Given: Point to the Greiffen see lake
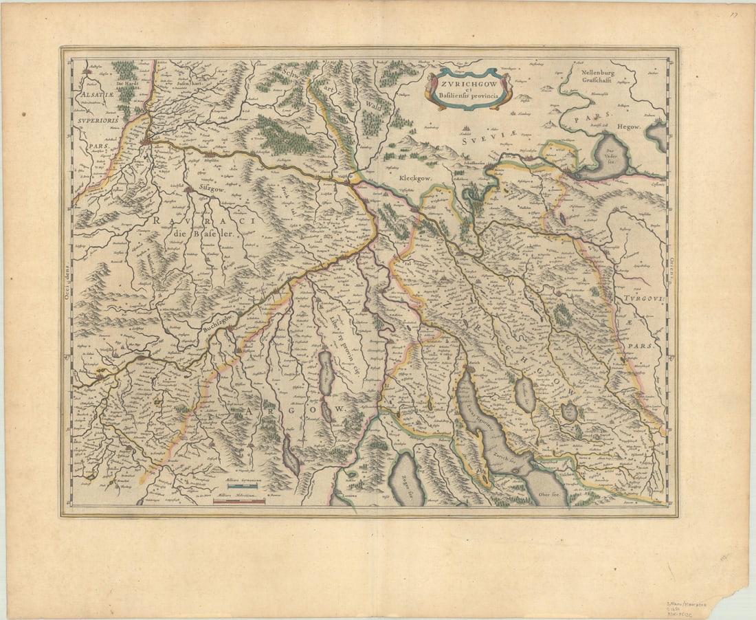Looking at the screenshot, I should tap(524, 395).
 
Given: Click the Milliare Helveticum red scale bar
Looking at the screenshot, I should tap(238, 502).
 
